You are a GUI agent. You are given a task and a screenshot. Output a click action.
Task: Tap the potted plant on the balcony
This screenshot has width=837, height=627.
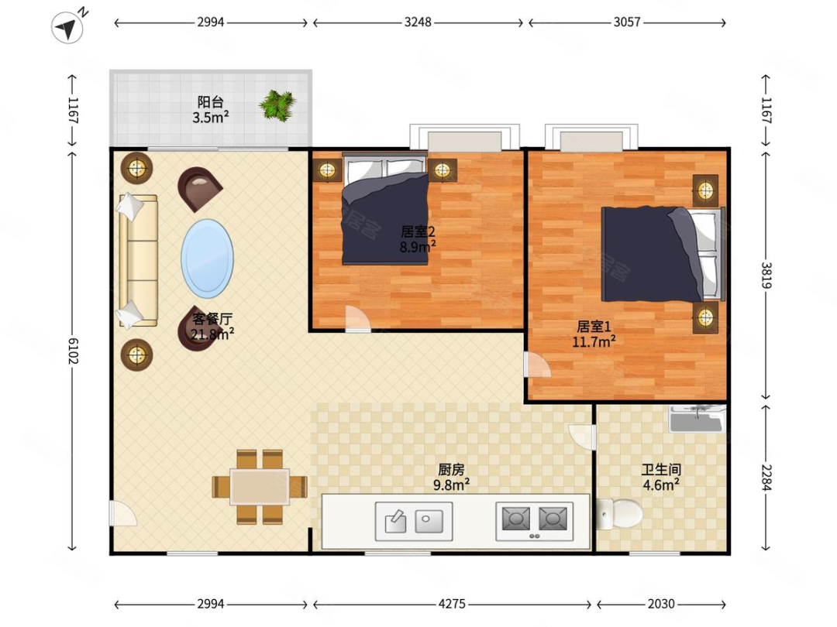point(277,105)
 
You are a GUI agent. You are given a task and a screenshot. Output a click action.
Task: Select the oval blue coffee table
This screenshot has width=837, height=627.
point(207,259)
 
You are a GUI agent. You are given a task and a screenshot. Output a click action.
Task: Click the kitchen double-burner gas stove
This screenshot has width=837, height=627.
point(534,521)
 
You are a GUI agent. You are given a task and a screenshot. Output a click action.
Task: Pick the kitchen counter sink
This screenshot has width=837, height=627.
point(414,521)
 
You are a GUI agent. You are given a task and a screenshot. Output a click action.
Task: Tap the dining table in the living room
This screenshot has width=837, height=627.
point(260,486)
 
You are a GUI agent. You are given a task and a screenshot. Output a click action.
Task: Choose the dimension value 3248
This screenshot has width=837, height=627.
point(418,22)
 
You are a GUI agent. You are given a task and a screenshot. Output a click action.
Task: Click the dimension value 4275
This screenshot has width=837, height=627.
point(452,604)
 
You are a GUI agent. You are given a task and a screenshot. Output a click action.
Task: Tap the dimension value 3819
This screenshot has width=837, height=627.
point(766,275)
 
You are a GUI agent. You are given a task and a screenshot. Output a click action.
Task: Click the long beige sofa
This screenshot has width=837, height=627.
point(138,260)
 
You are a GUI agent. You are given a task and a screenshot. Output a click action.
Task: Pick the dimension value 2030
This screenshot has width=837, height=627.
point(661,604)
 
